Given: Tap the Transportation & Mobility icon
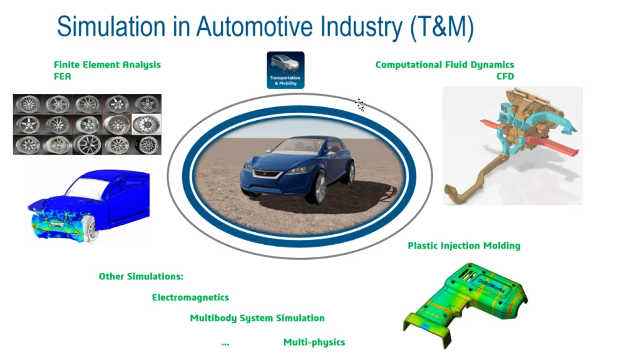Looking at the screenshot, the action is [285, 70].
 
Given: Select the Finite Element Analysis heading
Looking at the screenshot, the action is [107, 64].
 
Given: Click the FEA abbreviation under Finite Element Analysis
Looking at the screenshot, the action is [62, 76].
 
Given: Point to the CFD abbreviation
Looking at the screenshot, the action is [505, 76].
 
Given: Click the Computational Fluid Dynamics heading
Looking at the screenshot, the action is [445, 64].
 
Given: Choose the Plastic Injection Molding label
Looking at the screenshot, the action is [464, 246].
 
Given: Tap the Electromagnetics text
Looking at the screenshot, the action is [190, 297].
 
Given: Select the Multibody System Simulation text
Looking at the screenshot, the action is [257, 318].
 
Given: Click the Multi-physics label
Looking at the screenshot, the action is [314, 342].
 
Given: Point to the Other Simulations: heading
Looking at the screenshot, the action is [141, 277].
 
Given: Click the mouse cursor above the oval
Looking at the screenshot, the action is [360, 105].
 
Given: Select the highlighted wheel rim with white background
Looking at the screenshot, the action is [146, 125].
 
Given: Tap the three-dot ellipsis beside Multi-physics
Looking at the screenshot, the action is [225, 344].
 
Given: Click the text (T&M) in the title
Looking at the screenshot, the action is [442, 28].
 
